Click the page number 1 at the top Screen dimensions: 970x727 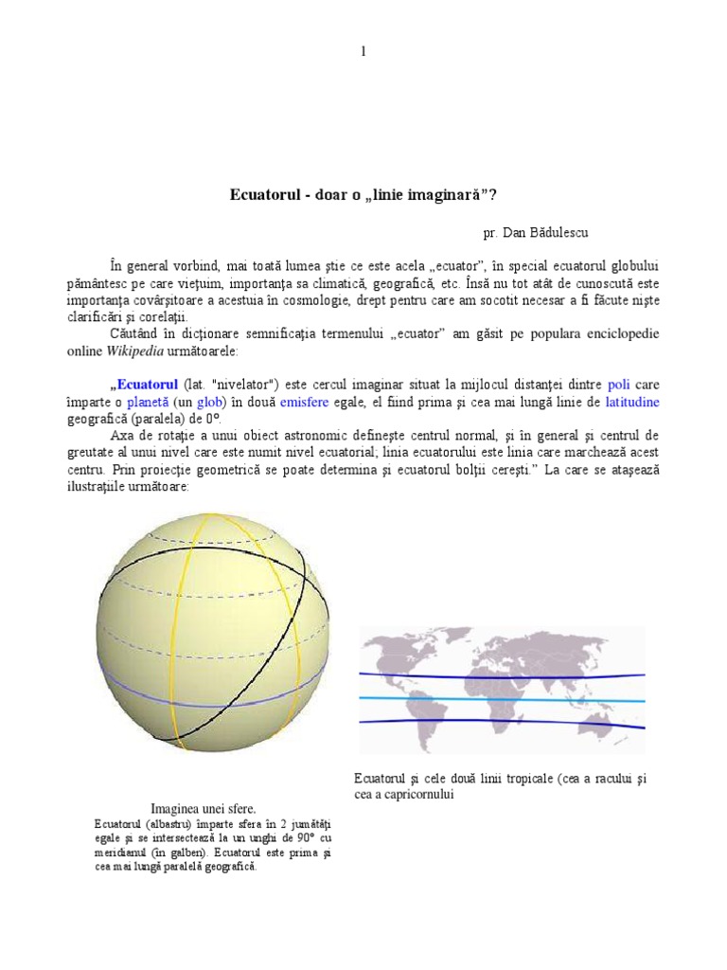click(x=363, y=51)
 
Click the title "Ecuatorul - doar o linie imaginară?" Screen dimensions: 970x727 click(x=363, y=195)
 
